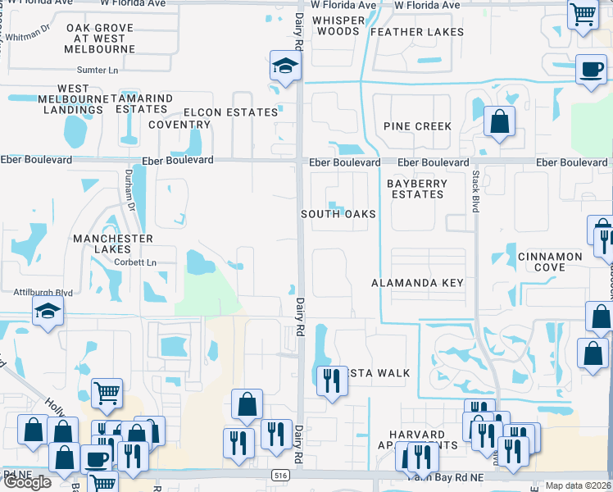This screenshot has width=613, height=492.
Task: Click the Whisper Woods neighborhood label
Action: [337, 25]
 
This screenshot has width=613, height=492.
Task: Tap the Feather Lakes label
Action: [417, 32]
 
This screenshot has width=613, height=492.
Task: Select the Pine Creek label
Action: [418, 126]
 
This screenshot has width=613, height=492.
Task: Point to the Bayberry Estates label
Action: [416, 189]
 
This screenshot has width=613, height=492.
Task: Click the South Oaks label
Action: [338, 214]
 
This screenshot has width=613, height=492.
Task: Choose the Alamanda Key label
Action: [418, 283]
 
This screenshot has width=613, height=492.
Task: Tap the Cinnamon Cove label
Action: [550, 262]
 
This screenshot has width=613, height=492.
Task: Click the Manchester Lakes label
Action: [113, 244]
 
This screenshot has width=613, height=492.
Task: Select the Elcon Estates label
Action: [231, 112]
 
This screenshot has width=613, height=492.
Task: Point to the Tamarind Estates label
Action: [144, 103]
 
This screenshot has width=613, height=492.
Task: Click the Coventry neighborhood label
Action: [179, 125]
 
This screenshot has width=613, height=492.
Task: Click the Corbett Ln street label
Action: [135, 262]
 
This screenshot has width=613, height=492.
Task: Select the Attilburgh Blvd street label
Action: [43, 292]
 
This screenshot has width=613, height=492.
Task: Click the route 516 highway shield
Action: [280, 476]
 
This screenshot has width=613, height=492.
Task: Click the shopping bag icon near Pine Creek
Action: [499, 122]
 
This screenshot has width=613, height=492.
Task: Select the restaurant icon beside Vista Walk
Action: [332, 380]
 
